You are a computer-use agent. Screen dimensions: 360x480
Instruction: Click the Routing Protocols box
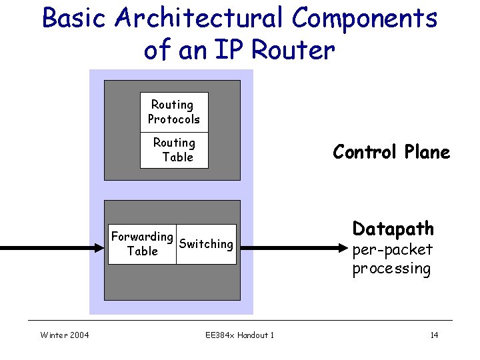pos(174,111)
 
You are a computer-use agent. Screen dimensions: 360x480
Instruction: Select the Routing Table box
pos(174,150)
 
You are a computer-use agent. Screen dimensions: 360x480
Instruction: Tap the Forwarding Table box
pos(142,244)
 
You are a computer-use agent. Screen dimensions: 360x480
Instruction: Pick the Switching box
pos(206,244)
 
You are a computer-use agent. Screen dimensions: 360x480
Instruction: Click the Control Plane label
pos(391,152)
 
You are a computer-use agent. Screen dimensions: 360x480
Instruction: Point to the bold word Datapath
pos(393,229)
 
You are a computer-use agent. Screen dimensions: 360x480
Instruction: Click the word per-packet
pos(393,250)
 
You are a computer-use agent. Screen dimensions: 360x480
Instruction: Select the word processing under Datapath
pos(391,269)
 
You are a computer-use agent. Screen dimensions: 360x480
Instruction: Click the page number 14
pos(434,335)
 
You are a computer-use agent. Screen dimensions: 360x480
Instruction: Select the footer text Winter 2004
pos(65,335)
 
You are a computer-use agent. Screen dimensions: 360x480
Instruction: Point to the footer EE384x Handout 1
pos(239,335)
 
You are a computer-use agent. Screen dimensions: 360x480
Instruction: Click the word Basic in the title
pos(75,18)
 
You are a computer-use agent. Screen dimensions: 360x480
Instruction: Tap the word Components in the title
pos(365,18)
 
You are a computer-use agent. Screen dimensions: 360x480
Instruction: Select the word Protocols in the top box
pos(174,119)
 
